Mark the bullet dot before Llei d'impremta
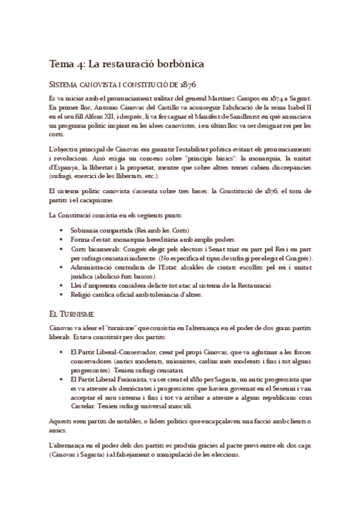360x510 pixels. (64, 285)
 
